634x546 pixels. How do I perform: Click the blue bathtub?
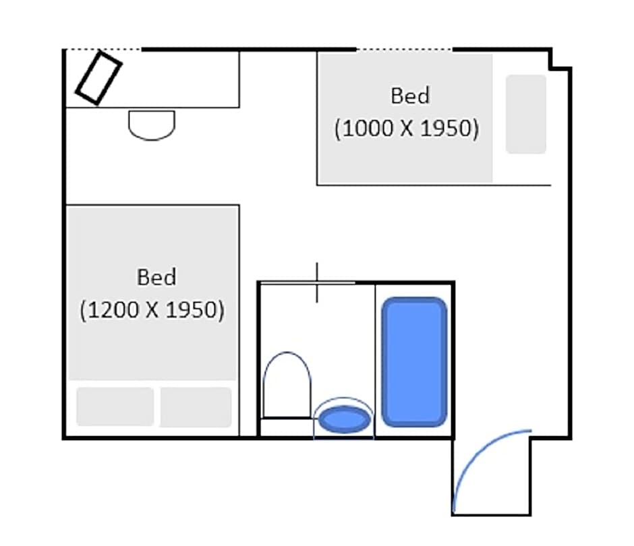(x=414, y=362)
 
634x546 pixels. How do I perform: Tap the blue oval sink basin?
(x=344, y=419)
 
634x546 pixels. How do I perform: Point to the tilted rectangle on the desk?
(x=98, y=78)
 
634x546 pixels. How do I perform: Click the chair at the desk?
(x=152, y=125)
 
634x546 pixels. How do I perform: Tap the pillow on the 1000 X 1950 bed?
(x=525, y=114)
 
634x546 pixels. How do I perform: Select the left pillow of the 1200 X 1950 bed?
(x=115, y=406)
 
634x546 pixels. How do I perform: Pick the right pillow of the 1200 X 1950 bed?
(x=196, y=406)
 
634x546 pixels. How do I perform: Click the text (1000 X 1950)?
(x=406, y=128)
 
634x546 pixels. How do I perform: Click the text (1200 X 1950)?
(x=152, y=310)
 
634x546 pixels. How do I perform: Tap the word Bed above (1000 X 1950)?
(x=409, y=96)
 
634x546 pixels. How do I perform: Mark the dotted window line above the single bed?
(x=404, y=49)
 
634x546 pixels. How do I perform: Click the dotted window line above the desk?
(x=103, y=49)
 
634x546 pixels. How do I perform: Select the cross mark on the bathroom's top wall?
(x=316, y=282)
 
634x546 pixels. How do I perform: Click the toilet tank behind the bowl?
(x=287, y=427)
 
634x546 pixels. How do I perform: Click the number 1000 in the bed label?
(x=368, y=128)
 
